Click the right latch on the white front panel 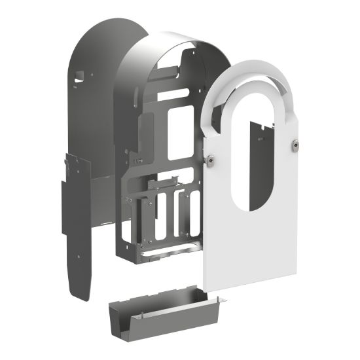(296, 145)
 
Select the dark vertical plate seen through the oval (259, 164)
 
